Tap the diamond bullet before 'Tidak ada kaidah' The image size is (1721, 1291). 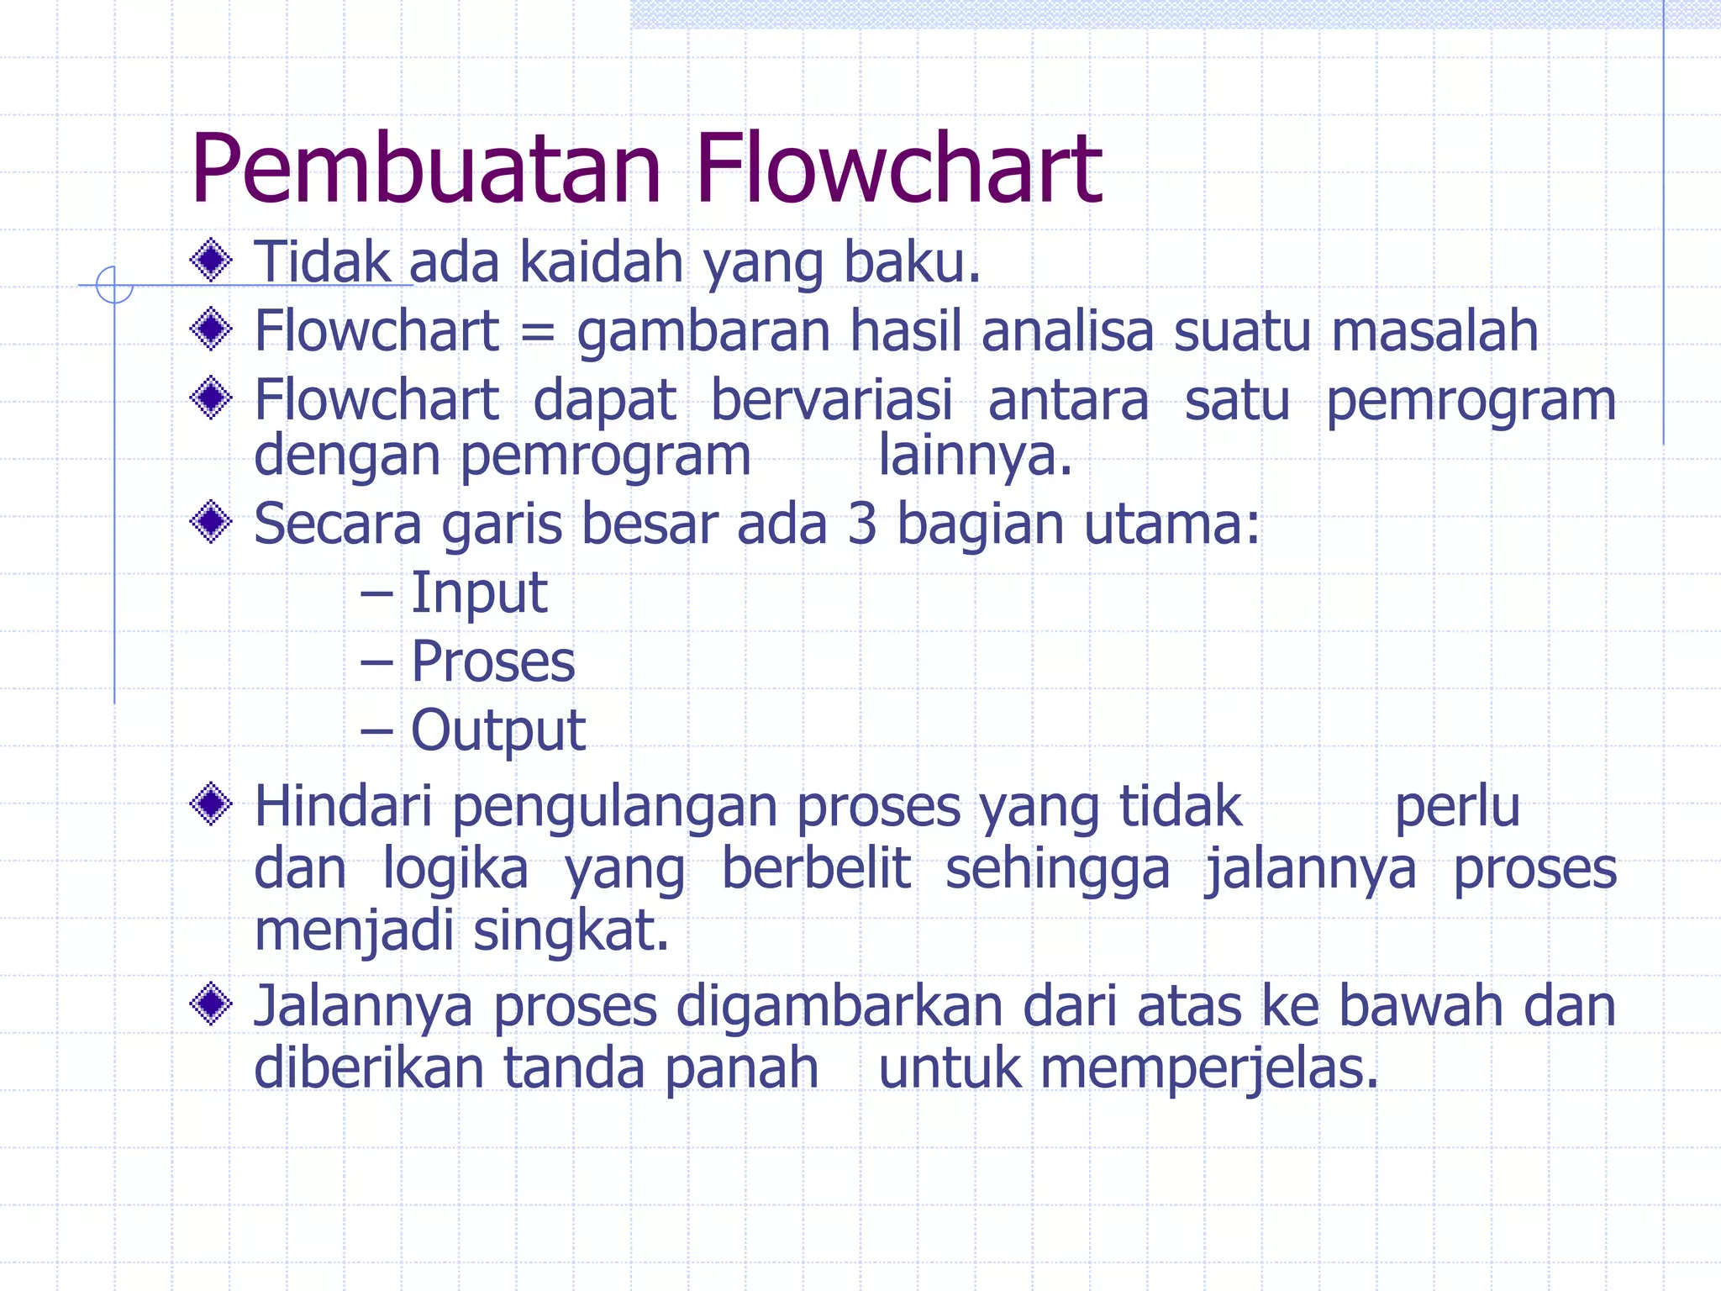pyautogui.click(x=211, y=261)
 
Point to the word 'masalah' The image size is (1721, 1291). pyautogui.click(x=1434, y=330)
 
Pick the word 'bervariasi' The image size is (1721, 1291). pyautogui.click(x=832, y=399)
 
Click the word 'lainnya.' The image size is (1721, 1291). pyautogui.click(x=975, y=456)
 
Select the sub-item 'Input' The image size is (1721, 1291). pyautogui.click(x=479, y=593)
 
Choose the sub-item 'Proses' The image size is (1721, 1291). pyautogui.click(x=493, y=661)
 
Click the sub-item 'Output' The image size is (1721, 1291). pyautogui.click(x=497, y=730)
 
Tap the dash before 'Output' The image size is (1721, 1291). pyautogui.click(x=376, y=731)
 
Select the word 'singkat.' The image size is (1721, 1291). pyautogui.click(x=571, y=930)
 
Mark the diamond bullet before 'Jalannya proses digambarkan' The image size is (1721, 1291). pyautogui.click(x=211, y=1004)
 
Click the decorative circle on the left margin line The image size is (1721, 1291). pyautogui.click(x=114, y=285)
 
